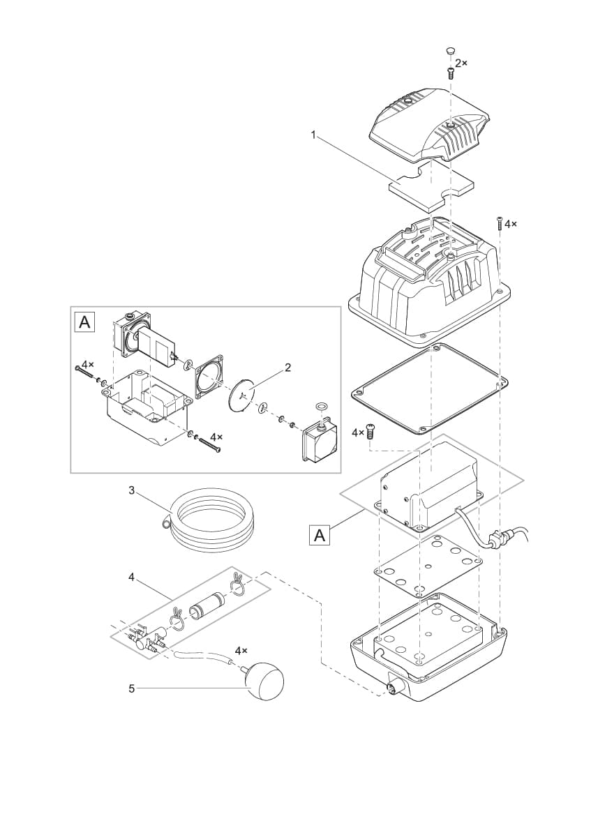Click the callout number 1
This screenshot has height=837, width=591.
[x=314, y=134]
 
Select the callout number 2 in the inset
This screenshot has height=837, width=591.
[x=287, y=367]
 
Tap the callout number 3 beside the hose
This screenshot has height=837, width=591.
[x=131, y=490]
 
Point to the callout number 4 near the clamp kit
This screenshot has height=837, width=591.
[x=131, y=576]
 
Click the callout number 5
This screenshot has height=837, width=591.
[x=131, y=688]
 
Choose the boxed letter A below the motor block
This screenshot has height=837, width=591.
[x=320, y=535]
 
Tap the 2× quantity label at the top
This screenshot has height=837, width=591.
[x=461, y=63]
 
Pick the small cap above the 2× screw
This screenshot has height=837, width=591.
[x=450, y=50]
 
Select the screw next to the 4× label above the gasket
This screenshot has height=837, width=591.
[x=371, y=434]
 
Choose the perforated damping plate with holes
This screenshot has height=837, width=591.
[x=427, y=566]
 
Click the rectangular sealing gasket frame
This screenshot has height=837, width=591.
[x=428, y=388]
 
